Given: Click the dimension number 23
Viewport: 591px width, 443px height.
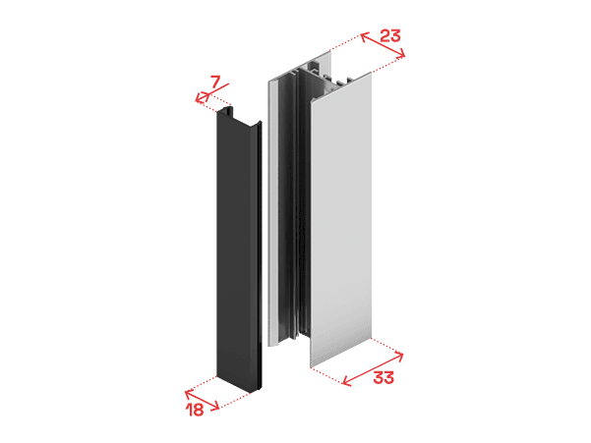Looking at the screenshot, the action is (389, 35).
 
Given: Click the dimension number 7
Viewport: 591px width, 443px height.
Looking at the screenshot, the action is (214, 82).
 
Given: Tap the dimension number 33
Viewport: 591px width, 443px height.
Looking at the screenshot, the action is (384, 377).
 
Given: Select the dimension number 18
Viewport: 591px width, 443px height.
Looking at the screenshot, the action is (196, 410).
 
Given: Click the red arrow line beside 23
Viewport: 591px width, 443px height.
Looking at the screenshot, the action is (383, 45).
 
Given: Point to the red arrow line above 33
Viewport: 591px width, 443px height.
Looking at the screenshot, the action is (373, 369).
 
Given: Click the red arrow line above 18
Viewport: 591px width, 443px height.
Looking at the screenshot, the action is (202, 400).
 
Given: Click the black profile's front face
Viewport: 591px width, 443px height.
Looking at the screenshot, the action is (235, 249).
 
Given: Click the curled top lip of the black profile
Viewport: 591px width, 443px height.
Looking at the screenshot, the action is (226, 111).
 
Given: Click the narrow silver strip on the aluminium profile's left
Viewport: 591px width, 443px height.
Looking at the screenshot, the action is (273, 211).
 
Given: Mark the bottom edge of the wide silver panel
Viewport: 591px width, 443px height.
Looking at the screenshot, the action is (340, 353).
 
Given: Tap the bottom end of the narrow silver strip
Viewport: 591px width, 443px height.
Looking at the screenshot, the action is (273, 343).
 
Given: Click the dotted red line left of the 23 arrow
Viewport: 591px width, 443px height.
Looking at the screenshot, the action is (345, 41).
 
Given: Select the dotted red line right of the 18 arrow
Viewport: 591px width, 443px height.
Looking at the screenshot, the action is (235, 401).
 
